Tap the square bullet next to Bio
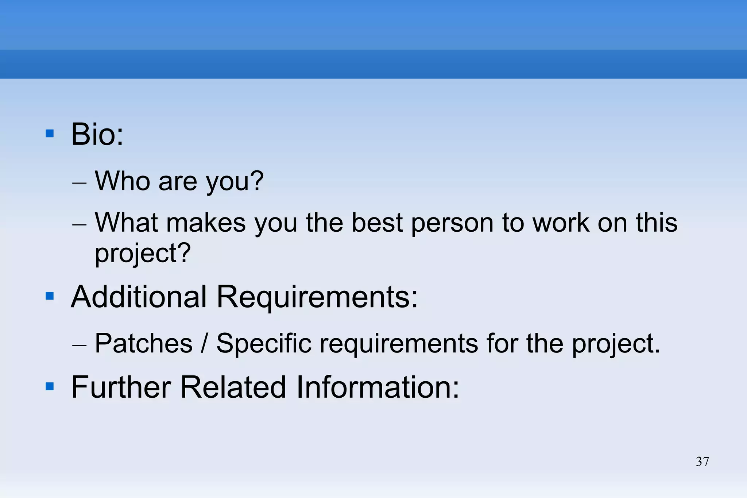click(50, 134)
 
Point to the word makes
click(206, 223)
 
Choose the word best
click(377, 223)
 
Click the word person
click(452, 223)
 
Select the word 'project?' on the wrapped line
click(143, 253)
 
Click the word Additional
click(139, 297)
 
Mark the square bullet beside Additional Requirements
click(50, 296)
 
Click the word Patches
click(143, 343)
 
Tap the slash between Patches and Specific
click(205, 343)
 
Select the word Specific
click(264, 343)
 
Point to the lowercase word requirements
click(399, 344)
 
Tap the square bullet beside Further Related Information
click(50, 386)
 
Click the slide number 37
click(702, 462)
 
